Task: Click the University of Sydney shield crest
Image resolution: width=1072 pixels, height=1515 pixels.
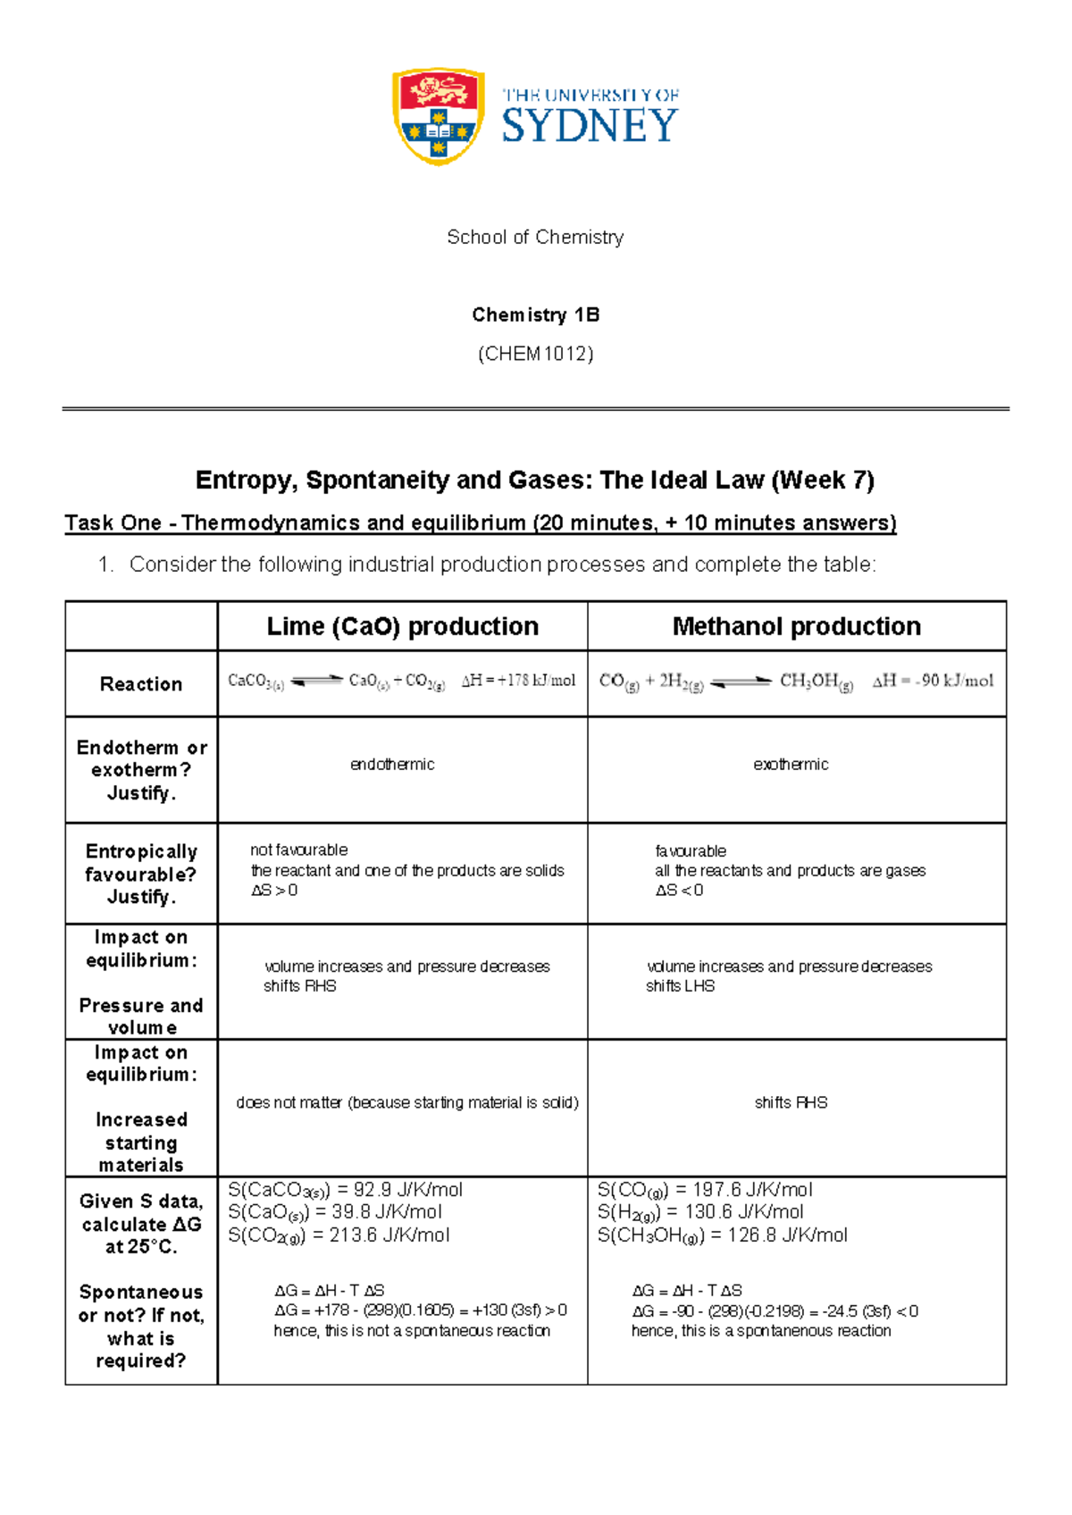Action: (438, 116)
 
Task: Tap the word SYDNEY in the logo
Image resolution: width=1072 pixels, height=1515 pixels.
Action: (590, 125)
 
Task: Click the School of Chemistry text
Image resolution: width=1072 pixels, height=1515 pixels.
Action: (535, 237)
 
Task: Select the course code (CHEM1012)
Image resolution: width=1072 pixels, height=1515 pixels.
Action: (535, 354)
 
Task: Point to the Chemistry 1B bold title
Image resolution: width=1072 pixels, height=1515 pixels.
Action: (535, 314)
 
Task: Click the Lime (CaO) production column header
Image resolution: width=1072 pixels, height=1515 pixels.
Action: (402, 626)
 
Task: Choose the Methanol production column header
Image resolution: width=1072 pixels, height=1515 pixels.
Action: (796, 626)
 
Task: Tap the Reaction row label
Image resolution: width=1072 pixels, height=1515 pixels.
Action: (141, 684)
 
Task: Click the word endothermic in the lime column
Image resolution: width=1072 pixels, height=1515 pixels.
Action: (392, 765)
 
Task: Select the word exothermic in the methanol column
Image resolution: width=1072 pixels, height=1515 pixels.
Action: (791, 765)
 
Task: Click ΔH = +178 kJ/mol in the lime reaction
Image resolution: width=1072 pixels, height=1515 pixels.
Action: (518, 681)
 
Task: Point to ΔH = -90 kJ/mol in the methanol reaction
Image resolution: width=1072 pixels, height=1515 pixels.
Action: (933, 681)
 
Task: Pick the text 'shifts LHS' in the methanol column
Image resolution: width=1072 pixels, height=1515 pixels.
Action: (680, 986)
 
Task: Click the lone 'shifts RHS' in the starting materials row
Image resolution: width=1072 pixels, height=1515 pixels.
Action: (791, 1103)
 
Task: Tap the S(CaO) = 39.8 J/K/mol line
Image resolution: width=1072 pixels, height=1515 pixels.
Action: (335, 1212)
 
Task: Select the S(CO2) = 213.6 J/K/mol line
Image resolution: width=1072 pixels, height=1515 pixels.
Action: (339, 1235)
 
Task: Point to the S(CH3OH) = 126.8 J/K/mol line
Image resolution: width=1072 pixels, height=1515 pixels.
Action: (722, 1235)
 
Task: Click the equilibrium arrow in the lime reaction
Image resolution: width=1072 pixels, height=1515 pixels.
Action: (317, 681)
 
